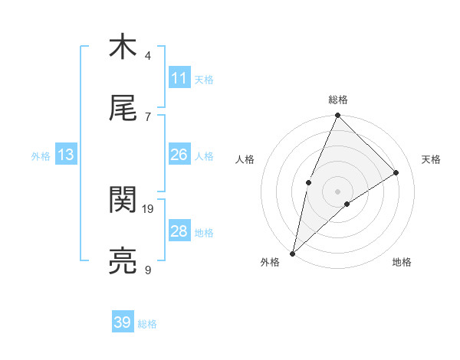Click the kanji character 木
[123, 47]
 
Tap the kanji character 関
[123, 201]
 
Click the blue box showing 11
[179, 78]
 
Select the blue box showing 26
[179, 155]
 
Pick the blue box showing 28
[179, 232]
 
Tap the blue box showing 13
[66, 155]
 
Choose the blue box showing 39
[123, 323]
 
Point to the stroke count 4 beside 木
[148, 55]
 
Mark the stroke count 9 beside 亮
[148, 270]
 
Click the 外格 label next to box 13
[41, 156]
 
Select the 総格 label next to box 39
[147, 324]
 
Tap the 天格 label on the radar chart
[432, 159]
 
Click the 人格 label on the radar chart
[245, 159]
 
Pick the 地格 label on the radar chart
[402, 263]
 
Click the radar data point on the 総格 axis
[337, 116]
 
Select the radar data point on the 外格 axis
[292, 253]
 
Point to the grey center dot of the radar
[337, 191]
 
